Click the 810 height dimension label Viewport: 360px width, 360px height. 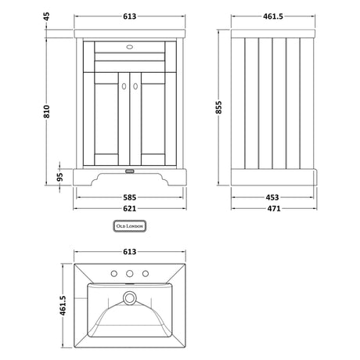pyautogui.click(x=46, y=111)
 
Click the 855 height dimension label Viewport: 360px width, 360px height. pyautogui.click(x=218, y=107)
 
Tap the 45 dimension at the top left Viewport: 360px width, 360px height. pyautogui.click(x=46, y=16)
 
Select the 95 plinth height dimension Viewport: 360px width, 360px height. pyautogui.click(x=60, y=177)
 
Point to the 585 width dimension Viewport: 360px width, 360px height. pyautogui.click(x=130, y=197)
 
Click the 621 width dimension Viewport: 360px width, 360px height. pyautogui.click(x=130, y=209)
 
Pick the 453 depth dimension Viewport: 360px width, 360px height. pyautogui.click(x=272, y=197)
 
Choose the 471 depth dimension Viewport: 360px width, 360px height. pyautogui.click(x=274, y=209)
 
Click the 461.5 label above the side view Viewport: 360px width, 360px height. pyautogui.click(x=273, y=16)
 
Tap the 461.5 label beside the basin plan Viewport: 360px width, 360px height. pyautogui.click(x=63, y=305)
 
